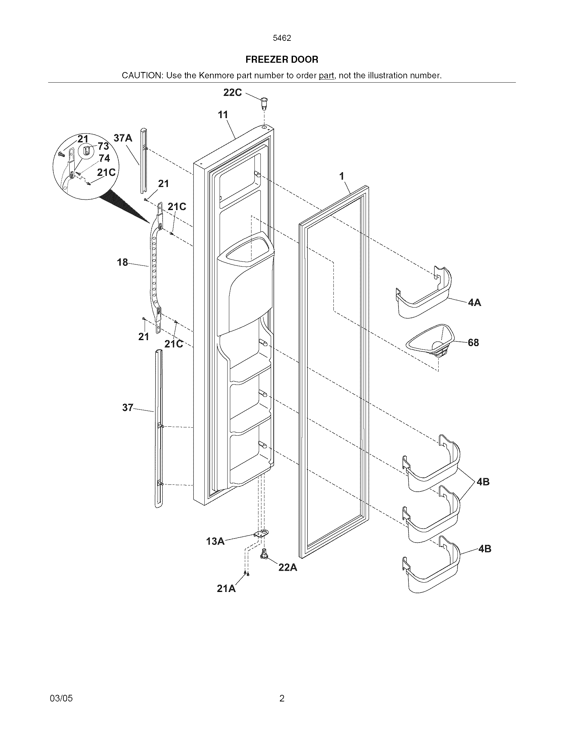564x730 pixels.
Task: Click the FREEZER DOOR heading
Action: (x=282, y=59)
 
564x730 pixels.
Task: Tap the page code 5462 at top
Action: (x=282, y=38)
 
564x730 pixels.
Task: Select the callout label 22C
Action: (x=232, y=93)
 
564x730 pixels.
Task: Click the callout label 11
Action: (x=223, y=115)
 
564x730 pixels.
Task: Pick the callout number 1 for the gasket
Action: (x=341, y=176)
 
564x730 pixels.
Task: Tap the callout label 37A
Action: (x=123, y=138)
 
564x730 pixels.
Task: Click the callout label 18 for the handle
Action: (x=122, y=262)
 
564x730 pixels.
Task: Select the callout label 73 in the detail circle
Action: (x=103, y=146)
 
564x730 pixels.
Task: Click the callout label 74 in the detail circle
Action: (x=104, y=158)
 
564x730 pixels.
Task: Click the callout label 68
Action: (x=473, y=343)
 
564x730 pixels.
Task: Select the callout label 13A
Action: (x=215, y=541)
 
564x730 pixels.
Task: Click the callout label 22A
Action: (x=288, y=567)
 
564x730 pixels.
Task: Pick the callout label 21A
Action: (x=226, y=589)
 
